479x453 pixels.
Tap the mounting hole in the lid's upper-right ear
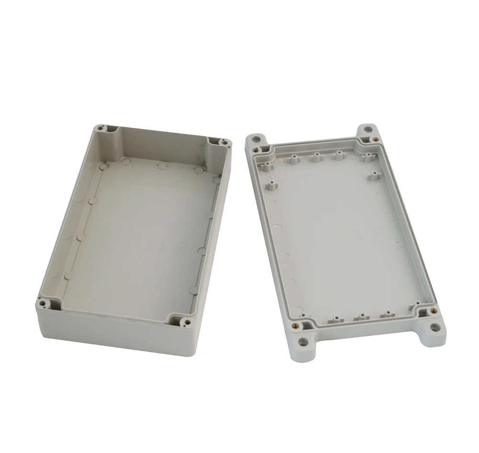pos(367,129)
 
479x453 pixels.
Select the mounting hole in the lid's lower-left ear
pos(303,342)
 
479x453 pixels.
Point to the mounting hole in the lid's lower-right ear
pos(434,328)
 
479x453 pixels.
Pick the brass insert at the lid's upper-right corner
pos(375,139)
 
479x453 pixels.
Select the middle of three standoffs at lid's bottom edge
pos(362,317)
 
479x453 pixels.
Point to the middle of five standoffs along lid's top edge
pos(316,156)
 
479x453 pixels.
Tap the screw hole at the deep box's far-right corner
pos(224,142)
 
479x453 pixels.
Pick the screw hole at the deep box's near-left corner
pos(43,303)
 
